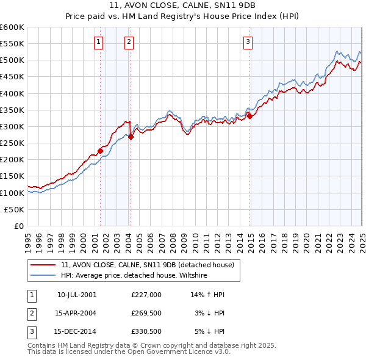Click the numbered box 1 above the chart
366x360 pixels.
coord(99,42)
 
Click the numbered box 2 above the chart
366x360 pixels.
coord(129,42)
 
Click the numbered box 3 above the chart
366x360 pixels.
coord(248,42)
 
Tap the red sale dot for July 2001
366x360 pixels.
coord(100,151)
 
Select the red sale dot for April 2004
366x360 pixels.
coord(131,137)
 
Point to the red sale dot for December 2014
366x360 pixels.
coord(249,117)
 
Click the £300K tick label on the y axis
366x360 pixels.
coord(12,126)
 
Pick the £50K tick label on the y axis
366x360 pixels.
coord(15,209)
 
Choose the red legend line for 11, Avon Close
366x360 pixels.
coord(43,265)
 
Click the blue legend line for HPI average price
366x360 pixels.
coord(43,275)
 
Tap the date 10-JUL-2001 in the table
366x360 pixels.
coord(76,295)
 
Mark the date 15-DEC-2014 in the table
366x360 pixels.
coord(76,333)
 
